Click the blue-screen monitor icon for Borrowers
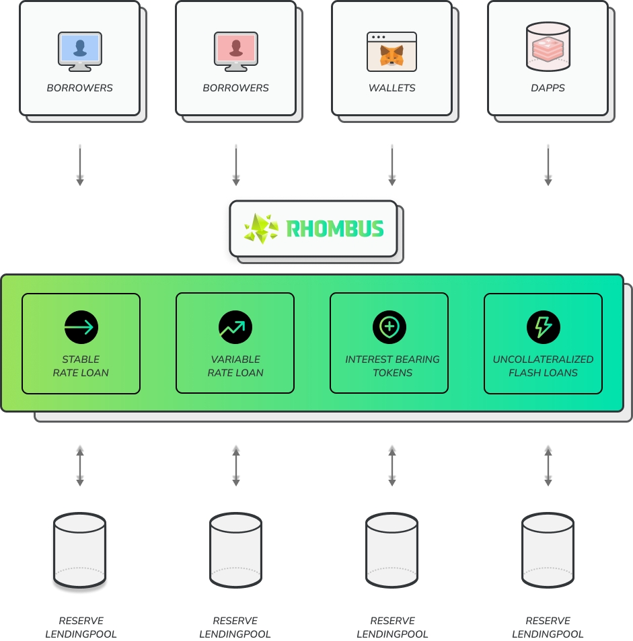pyautogui.click(x=80, y=51)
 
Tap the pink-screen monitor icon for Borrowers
pyautogui.click(x=236, y=51)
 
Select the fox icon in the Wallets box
pyautogui.click(x=392, y=52)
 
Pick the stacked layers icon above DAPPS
pyautogui.click(x=548, y=47)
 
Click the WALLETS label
pyautogui.click(x=392, y=88)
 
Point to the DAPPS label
pyautogui.click(x=548, y=88)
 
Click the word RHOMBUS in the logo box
pyautogui.click(x=335, y=228)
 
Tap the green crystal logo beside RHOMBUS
pyautogui.click(x=262, y=228)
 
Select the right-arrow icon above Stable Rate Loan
pyautogui.click(x=81, y=327)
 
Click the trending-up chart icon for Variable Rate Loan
pyautogui.click(x=235, y=327)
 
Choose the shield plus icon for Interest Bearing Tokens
pyautogui.click(x=389, y=327)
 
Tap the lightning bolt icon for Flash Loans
pyautogui.click(x=544, y=327)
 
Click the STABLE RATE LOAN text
pyautogui.click(x=81, y=366)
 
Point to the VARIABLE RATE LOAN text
pyautogui.click(x=235, y=366)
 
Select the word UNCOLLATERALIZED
pyautogui.click(x=544, y=359)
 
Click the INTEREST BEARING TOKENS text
pyautogui.click(x=392, y=366)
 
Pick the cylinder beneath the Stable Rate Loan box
pyautogui.click(x=80, y=550)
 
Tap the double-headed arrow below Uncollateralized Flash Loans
pyautogui.click(x=548, y=466)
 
